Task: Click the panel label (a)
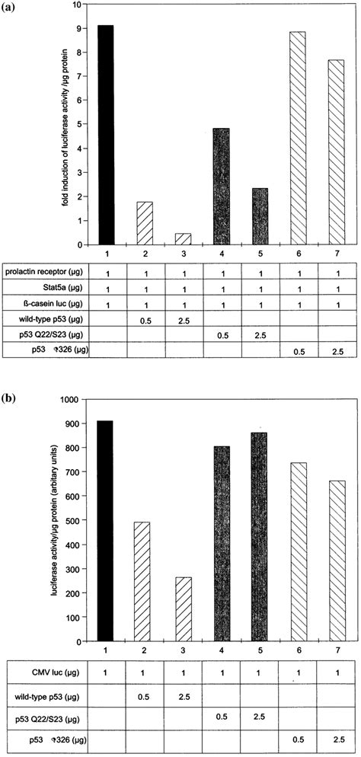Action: tap(10, 6)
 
